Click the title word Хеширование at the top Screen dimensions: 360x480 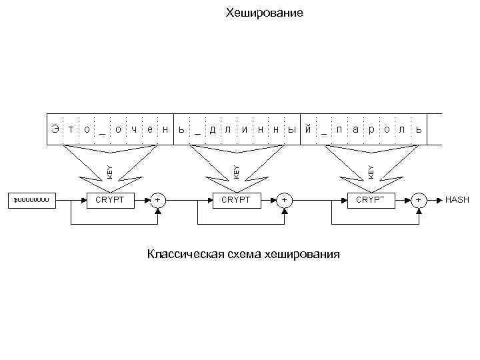coord(264,13)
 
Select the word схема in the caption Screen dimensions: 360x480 coord(242,254)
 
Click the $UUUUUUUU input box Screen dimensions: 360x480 coord(31,199)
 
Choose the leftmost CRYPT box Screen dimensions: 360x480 coord(109,199)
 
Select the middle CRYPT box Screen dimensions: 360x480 coord(236,199)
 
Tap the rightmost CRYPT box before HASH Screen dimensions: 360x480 coord(371,199)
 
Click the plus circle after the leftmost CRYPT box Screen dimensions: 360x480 coord(158,199)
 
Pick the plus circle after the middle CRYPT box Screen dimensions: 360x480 coord(285,199)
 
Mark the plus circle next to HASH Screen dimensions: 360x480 coord(419,199)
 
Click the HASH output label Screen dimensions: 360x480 coord(457,199)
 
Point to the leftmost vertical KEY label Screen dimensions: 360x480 coord(110,167)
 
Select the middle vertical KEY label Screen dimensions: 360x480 coord(237,167)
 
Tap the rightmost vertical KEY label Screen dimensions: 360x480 coord(371,167)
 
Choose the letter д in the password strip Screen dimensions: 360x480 coord(213,128)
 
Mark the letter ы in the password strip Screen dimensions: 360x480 coord(291,128)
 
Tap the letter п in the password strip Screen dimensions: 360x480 coord(339,128)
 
